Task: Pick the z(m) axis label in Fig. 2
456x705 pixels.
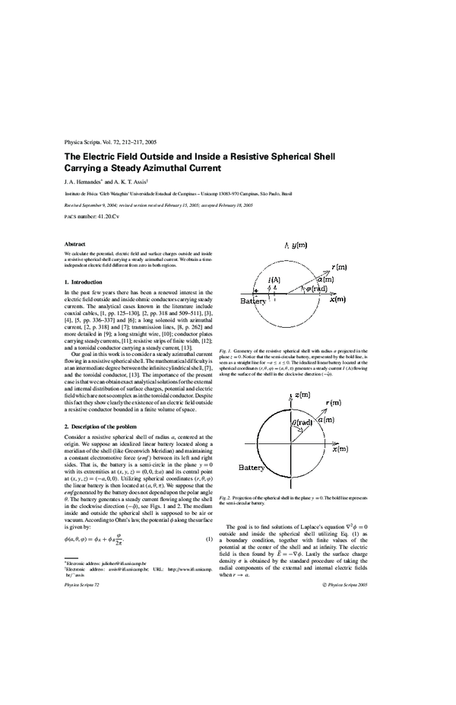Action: (x=305, y=395)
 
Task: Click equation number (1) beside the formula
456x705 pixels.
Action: (x=208, y=519)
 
